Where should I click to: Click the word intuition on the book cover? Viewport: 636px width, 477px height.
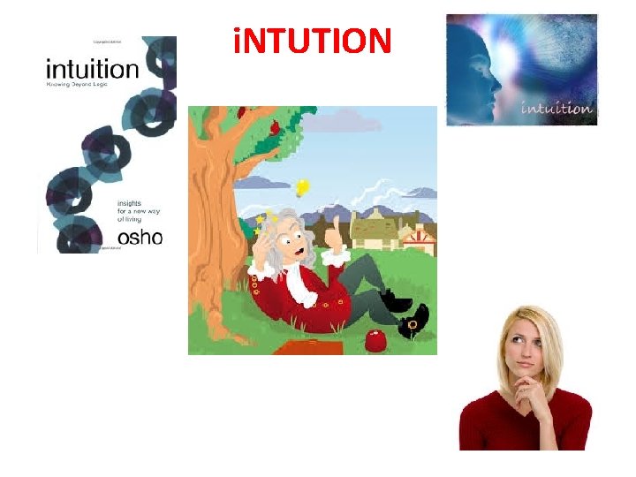(92, 69)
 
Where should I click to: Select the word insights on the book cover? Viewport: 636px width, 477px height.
(131, 202)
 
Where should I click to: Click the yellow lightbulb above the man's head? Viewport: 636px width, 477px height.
(302, 186)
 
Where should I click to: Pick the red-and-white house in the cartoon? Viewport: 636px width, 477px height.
(418, 239)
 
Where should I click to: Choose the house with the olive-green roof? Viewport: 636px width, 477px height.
(375, 231)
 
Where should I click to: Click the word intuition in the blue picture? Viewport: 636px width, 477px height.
(556, 109)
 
